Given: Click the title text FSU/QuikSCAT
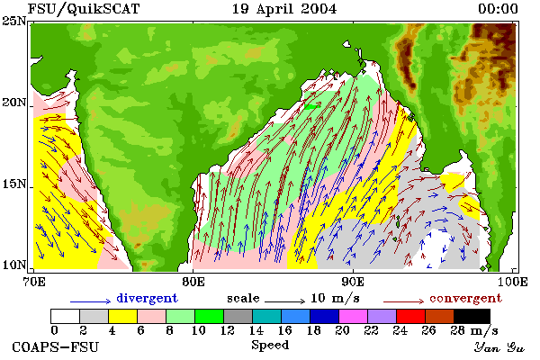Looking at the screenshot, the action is [x=84, y=9].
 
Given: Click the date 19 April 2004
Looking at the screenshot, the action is [x=284, y=9].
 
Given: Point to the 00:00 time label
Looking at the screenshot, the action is [x=498, y=9].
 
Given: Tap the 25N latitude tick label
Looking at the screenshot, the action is [x=14, y=22].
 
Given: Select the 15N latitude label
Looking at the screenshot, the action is [x=14, y=184].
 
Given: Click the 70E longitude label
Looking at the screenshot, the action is [x=34, y=282].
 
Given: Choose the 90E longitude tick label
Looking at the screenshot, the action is [x=353, y=282].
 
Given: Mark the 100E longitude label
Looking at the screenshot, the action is [x=512, y=282].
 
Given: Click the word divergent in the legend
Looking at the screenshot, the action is [x=147, y=298].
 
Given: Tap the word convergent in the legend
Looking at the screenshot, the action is [x=465, y=298].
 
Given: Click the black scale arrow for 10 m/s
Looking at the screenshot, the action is [x=284, y=301].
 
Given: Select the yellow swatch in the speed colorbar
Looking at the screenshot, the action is [x=123, y=316].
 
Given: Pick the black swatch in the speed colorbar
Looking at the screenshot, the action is [x=472, y=316].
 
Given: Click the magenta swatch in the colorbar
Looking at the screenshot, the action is [x=354, y=316].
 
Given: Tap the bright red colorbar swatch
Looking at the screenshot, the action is [x=411, y=316].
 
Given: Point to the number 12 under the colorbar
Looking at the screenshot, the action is [x=227, y=330].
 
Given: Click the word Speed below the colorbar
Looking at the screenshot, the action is [x=270, y=346].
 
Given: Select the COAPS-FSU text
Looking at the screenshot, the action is [x=56, y=347].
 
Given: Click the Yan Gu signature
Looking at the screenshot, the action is [x=499, y=347].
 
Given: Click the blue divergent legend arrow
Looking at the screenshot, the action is [x=91, y=301].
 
